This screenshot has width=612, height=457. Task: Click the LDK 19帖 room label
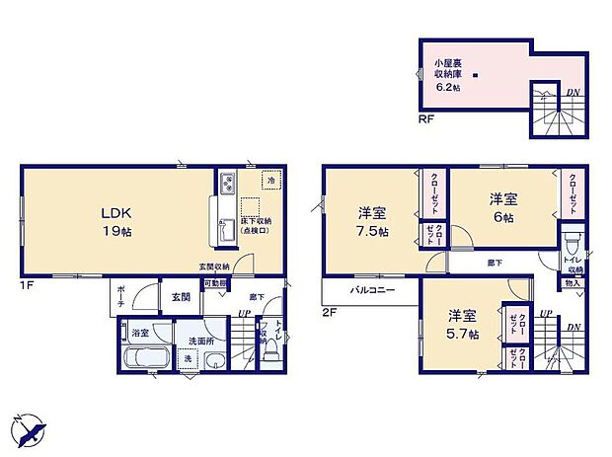[x=114, y=220]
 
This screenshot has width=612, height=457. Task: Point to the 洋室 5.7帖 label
[x=462, y=325]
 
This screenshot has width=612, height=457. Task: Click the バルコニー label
[x=372, y=291]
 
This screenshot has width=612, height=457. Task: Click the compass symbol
[x=31, y=427]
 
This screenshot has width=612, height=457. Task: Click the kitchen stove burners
[x=228, y=184]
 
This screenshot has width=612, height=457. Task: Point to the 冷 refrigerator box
[x=269, y=182]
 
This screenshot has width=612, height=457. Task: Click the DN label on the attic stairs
[x=573, y=94]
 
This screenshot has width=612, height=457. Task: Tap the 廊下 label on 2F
[x=493, y=264]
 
